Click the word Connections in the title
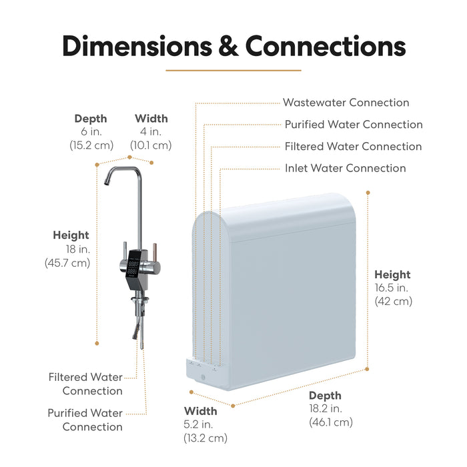pyautogui.click(x=325, y=46)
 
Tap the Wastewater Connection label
pyautogui.click(x=346, y=103)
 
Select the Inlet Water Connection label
pyautogui.click(x=345, y=168)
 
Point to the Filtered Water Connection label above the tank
pyautogui.click(x=353, y=146)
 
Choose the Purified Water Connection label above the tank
pyautogui.click(x=354, y=125)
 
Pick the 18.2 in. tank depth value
pyautogui.click(x=325, y=409)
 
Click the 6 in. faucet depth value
pyautogui.click(x=91, y=132)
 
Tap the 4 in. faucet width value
pyautogui.click(x=151, y=132)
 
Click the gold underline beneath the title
pyautogui.click(x=233, y=70)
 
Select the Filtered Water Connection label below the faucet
pyautogui.click(x=85, y=384)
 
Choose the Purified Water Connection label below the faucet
pyautogui.click(x=85, y=420)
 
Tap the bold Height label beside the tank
pyautogui.click(x=392, y=274)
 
